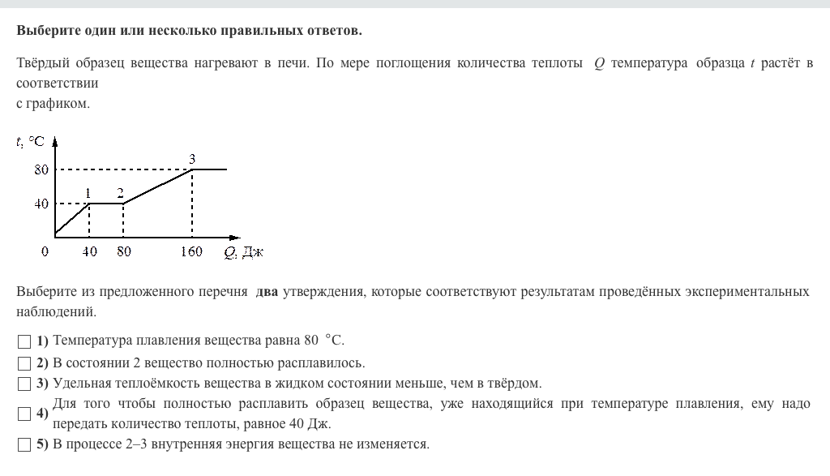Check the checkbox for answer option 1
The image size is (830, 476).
tap(24, 341)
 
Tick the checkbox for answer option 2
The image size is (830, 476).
tap(24, 362)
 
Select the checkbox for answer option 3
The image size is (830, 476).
tap(24, 384)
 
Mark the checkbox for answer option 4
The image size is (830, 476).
tap(24, 414)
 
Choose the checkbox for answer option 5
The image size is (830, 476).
tap(24, 444)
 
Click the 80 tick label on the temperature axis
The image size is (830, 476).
tap(41, 169)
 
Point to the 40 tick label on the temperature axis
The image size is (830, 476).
tap(41, 204)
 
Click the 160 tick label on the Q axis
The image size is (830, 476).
tap(191, 251)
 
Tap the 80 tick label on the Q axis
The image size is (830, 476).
tap(123, 251)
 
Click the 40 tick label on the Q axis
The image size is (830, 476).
tap(89, 251)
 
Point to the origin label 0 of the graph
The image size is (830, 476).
tap(45, 251)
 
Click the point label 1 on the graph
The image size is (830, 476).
tap(88, 193)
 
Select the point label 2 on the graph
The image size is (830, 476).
tap(120, 193)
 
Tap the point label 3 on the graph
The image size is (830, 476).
tap(192, 159)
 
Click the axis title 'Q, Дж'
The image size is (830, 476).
tap(243, 252)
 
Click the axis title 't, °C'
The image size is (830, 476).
tap(30, 141)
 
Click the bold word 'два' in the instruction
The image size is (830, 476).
tap(267, 291)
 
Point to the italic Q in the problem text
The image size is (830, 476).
tap(599, 63)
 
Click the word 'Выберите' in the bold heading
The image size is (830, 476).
tap(48, 31)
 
